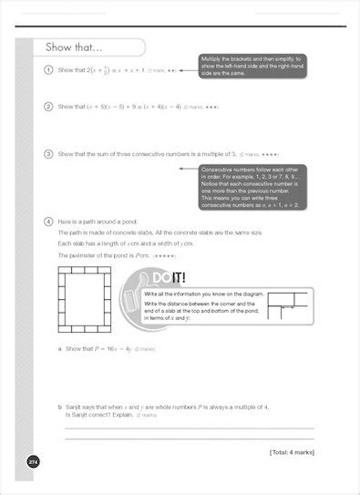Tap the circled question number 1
(x=47, y=70)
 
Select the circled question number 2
(x=47, y=107)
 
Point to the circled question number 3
(x=47, y=154)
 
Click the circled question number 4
(x=47, y=222)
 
